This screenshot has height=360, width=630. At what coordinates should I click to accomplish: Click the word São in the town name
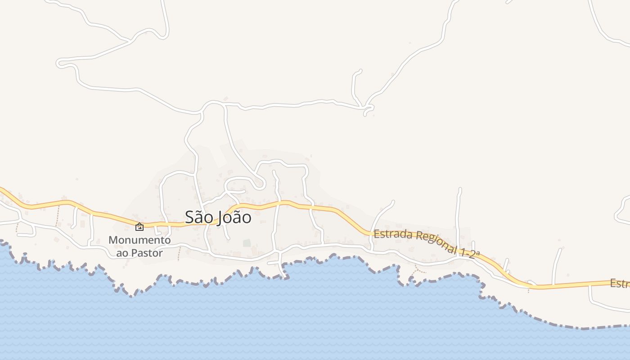pos(199,217)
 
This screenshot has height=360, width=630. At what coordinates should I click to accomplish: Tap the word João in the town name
pos(234,218)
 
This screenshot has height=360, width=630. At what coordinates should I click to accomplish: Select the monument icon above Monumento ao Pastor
pos(139,227)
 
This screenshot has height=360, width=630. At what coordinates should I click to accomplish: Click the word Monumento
pos(139,240)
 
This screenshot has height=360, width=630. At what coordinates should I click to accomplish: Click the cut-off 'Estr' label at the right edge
pos(620,284)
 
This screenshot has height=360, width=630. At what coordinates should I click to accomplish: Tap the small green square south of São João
pos(247,243)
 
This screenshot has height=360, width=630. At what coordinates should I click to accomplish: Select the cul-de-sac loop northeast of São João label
pos(259,184)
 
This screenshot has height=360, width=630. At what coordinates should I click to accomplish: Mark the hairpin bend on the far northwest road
pos(60,63)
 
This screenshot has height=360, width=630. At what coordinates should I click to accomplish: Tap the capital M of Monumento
pos(112,240)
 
